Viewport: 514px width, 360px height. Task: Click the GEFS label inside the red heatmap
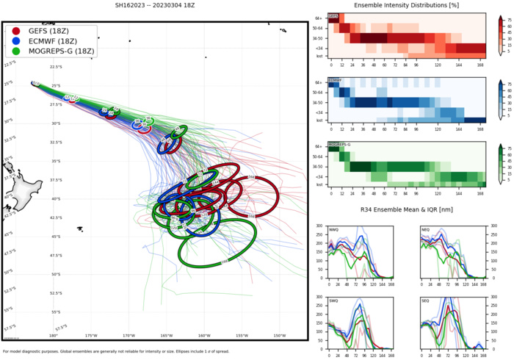(x=333, y=15)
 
